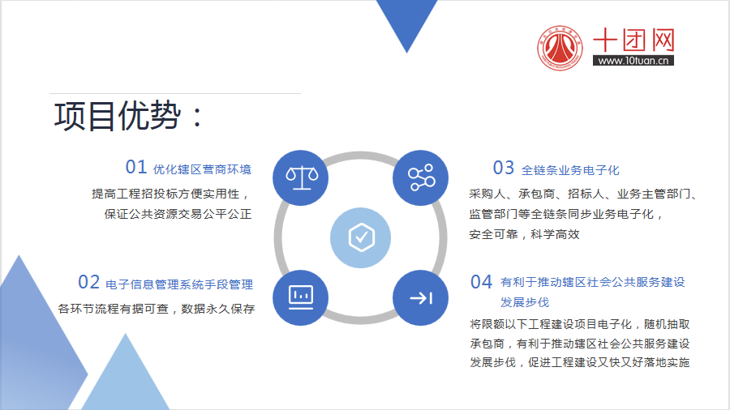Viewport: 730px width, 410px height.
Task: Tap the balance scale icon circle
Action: coord(301,178)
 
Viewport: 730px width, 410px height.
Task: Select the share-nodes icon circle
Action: coord(420,178)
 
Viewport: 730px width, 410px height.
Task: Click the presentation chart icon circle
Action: coord(301,297)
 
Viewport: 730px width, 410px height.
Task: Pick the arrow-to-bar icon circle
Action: coord(420,297)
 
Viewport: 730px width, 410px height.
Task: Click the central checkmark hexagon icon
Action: coord(361,237)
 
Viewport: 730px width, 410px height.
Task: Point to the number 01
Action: coord(136,168)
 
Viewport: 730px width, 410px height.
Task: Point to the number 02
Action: coord(88,282)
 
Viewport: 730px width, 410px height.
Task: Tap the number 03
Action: coord(503,168)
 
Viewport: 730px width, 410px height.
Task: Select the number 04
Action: coord(481,282)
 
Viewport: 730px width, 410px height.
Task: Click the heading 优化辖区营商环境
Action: coord(202,169)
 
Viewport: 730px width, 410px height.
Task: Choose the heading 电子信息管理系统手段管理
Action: coord(179,284)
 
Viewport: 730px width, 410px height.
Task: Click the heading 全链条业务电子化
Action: coord(570,170)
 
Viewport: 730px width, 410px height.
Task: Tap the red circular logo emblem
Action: coord(560,48)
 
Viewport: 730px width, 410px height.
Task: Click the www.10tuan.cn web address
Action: coord(633,61)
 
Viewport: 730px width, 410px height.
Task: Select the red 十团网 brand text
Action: coord(633,40)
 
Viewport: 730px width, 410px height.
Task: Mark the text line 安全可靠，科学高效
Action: coord(524,234)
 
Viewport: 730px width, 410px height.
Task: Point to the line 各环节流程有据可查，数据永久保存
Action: coord(156,309)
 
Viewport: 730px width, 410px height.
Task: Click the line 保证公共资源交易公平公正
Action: coord(178,214)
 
